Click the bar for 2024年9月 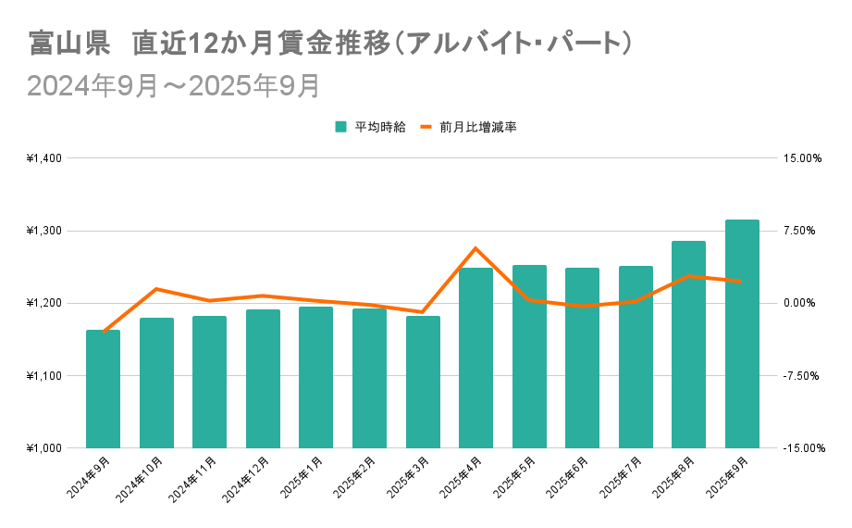click(x=103, y=389)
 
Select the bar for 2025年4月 click(x=475, y=358)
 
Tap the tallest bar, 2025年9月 click(x=742, y=333)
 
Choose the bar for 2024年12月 click(x=263, y=379)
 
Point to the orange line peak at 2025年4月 click(x=475, y=248)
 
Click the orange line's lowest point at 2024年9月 click(x=103, y=332)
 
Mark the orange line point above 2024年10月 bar click(x=156, y=289)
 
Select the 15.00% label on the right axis click(x=802, y=158)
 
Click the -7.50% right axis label click(x=802, y=376)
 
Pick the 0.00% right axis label click(x=802, y=303)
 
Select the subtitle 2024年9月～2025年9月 click(x=174, y=85)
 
